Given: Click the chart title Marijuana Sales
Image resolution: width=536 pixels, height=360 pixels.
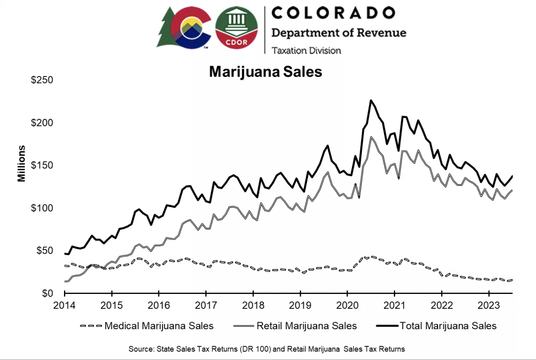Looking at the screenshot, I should click(x=266, y=72).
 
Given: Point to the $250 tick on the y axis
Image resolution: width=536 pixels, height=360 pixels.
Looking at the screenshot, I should click(x=42, y=80).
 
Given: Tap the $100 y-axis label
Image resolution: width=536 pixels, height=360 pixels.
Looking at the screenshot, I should click(x=42, y=208).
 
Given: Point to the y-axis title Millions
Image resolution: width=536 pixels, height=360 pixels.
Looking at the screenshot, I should click(x=22, y=163).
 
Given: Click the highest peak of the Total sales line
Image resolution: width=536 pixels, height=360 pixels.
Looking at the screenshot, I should click(x=371, y=101).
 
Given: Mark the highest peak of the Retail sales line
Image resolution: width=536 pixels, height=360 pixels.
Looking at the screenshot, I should click(x=371, y=137).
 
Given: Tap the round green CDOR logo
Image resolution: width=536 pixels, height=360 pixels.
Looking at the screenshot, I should click(x=237, y=27).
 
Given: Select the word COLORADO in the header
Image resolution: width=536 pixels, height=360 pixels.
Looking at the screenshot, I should click(x=333, y=13).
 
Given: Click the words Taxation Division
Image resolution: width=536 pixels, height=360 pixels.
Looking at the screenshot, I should click(x=306, y=50).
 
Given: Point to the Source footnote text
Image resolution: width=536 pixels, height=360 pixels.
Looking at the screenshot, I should click(x=267, y=348).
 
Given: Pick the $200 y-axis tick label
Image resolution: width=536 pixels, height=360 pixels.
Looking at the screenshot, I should click(x=42, y=123).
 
